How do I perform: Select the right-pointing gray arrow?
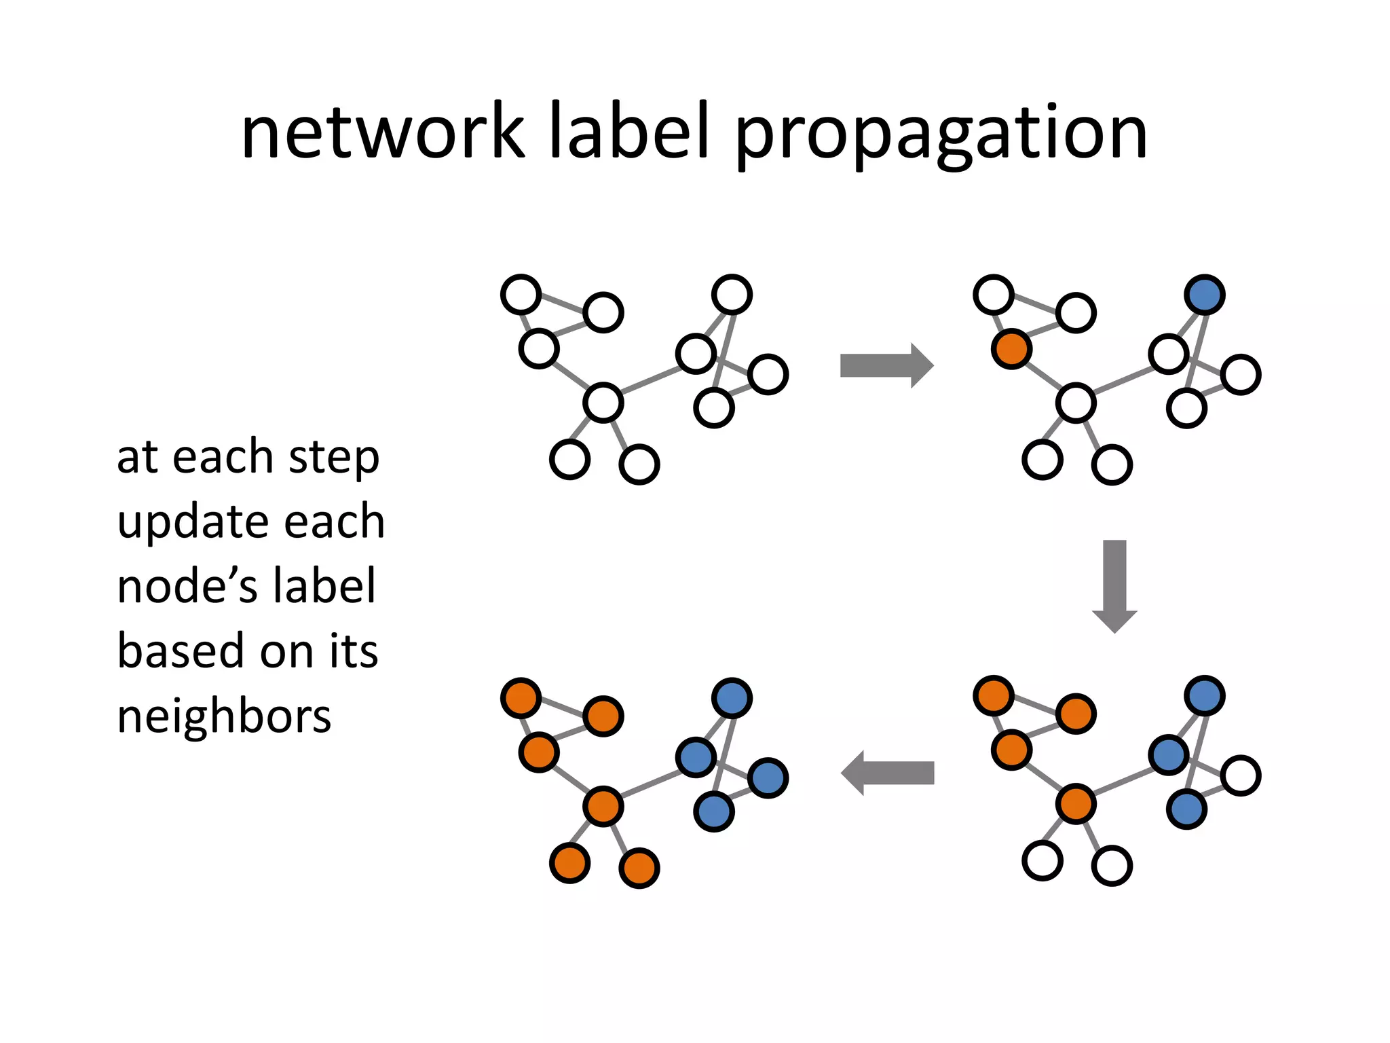click(x=886, y=365)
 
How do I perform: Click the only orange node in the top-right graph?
click(x=1011, y=349)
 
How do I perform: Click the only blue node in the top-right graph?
click(x=1204, y=295)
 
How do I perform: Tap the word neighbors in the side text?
click(x=224, y=716)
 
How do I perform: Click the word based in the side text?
click(x=181, y=651)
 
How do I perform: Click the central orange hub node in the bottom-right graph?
click(x=1076, y=804)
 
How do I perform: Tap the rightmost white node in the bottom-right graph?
click(x=1241, y=775)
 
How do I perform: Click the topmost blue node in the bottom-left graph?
click(x=732, y=698)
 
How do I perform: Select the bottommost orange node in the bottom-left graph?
click(x=639, y=868)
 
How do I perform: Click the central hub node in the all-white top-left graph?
click(x=603, y=403)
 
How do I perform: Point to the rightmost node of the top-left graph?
click(x=768, y=374)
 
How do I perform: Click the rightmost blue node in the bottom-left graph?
click(x=768, y=778)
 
